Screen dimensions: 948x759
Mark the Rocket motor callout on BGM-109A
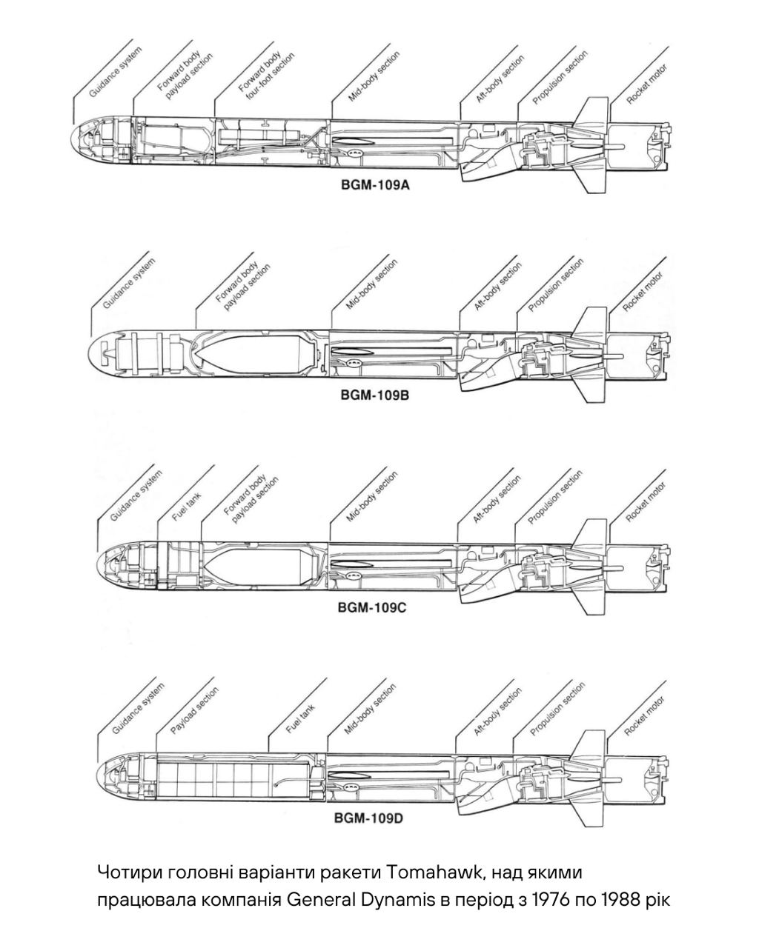tap(646, 84)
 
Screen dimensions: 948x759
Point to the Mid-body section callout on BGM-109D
tap(371, 709)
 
